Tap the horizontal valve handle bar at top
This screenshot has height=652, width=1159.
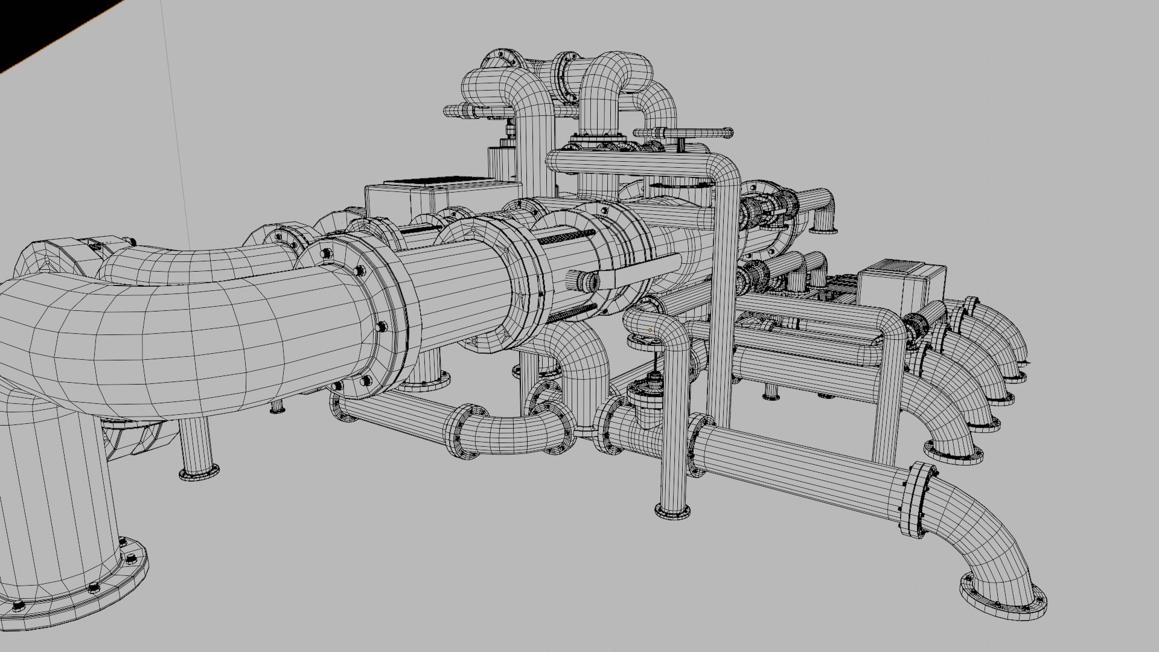point(685,132)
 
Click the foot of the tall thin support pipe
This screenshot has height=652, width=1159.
point(672,510)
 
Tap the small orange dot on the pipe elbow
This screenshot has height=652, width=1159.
point(650,330)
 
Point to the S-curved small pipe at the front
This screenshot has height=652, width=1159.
point(513,426)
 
